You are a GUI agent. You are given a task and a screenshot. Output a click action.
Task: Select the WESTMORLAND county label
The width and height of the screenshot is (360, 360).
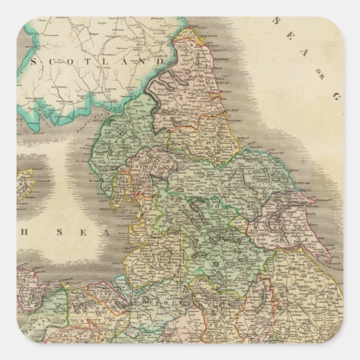(145, 166)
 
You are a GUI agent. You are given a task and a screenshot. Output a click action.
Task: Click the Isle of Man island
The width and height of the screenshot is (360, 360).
(25, 185)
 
